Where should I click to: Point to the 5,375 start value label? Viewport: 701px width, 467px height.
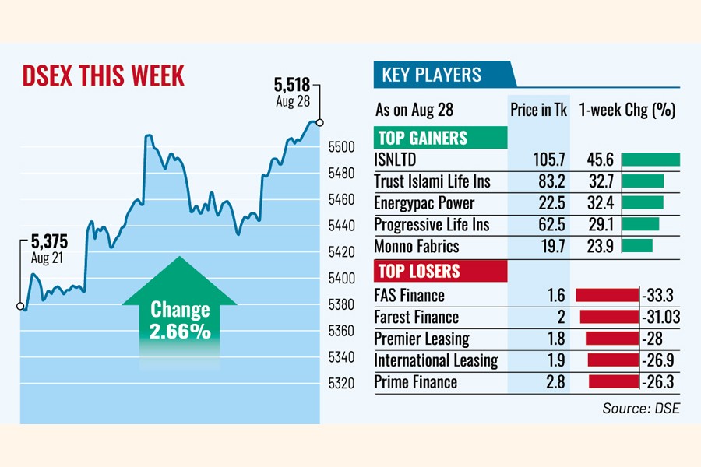[48, 241]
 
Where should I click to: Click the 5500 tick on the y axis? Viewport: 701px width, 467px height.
[343, 146]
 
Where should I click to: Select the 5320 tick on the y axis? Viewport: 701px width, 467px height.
[343, 383]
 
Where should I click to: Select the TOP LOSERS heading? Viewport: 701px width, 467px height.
[418, 272]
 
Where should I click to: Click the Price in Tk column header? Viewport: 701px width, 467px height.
[539, 110]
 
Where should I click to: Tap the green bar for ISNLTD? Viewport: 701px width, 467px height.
[651, 160]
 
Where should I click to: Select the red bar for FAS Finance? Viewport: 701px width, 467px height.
[607, 296]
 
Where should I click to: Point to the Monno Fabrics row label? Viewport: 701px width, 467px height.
[417, 247]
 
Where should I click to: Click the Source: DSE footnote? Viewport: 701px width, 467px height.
[640, 408]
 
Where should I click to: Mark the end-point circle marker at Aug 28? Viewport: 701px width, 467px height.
[319, 122]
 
